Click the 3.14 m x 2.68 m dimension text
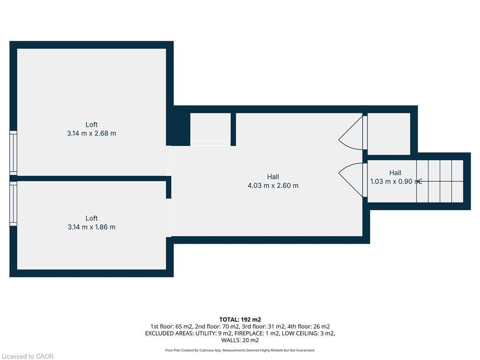coord(91,133)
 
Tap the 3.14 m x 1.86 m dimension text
coord(91,227)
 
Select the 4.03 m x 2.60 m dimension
coord(273,185)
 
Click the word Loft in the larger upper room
coord(91,124)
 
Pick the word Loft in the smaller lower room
coord(91,218)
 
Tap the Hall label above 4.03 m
coord(273,177)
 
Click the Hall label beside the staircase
coord(395,172)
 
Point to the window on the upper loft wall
coord(13,153)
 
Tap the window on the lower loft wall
coord(13,204)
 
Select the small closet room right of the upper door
coord(389,133)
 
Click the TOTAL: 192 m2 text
coord(240,320)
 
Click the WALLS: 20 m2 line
coord(240,340)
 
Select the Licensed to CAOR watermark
coord(27,356)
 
